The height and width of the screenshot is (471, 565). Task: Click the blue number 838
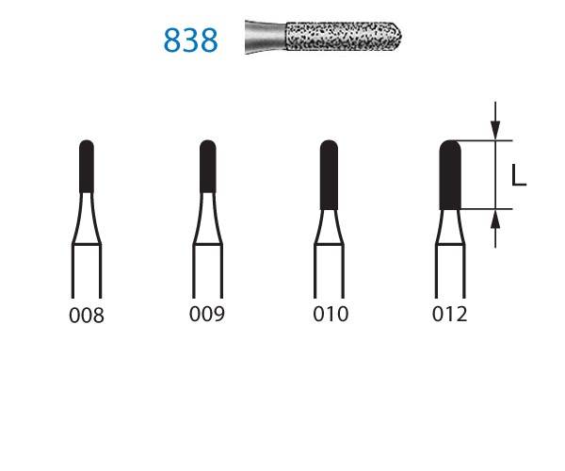click(x=190, y=40)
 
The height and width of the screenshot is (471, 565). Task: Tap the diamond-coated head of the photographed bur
click(x=344, y=36)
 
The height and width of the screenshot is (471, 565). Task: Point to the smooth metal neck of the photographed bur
click(x=266, y=37)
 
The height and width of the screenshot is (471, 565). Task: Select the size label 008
click(x=87, y=316)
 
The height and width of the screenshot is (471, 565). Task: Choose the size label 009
click(x=207, y=314)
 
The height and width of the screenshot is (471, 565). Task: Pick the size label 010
click(x=331, y=314)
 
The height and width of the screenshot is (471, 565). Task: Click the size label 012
click(x=450, y=314)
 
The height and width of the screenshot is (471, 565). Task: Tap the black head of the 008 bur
click(x=87, y=167)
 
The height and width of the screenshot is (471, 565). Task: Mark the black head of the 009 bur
click(x=208, y=167)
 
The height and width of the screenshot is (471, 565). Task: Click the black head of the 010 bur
click(x=329, y=175)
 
